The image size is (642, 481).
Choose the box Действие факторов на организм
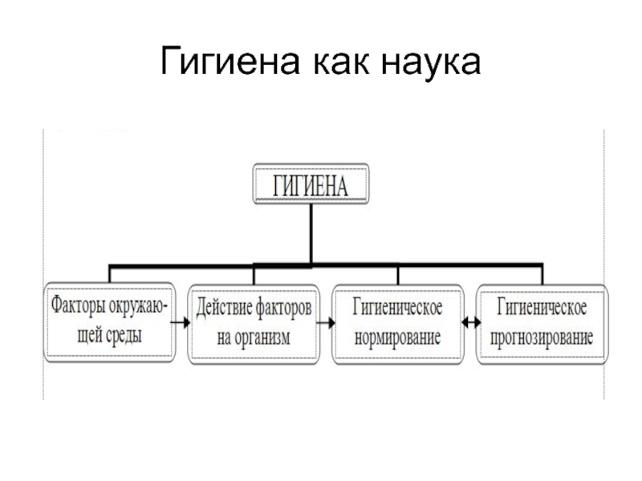pyautogui.click(x=253, y=322)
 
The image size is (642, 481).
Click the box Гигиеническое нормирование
pyautogui.click(x=397, y=322)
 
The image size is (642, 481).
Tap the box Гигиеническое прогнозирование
pyautogui.click(x=542, y=322)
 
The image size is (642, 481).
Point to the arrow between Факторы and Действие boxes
pyautogui.click(x=181, y=323)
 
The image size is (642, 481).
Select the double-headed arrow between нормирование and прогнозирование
pyautogui.click(x=470, y=323)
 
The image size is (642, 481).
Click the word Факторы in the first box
pyautogui.click(x=75, y=306)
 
